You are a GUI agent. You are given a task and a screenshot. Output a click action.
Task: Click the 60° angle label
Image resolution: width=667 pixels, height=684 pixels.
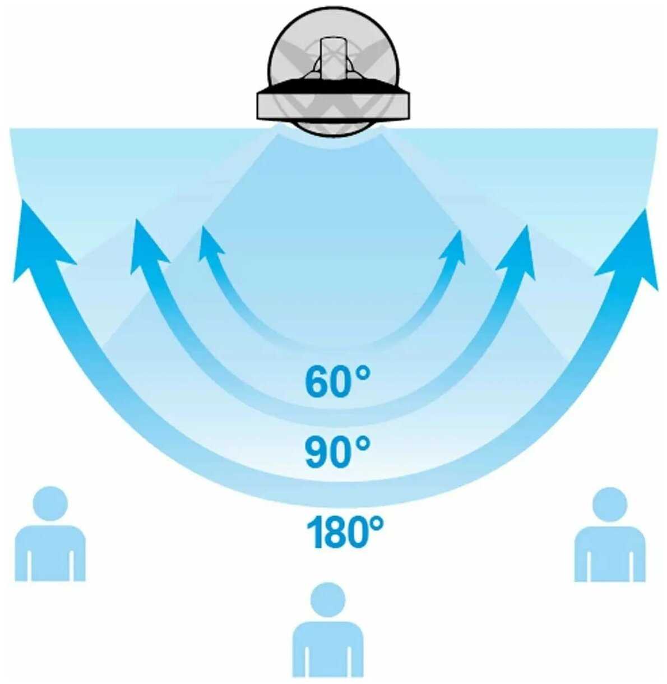click(x=337, y=381)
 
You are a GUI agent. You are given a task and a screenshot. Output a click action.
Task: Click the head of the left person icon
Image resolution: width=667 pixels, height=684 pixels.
click(x=50, y=503)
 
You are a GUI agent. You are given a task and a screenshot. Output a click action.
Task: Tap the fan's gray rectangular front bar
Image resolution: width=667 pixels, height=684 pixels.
click(x=333, y=104)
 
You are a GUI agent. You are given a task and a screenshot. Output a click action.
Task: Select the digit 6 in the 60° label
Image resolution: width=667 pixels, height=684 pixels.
click(x=316, y=382)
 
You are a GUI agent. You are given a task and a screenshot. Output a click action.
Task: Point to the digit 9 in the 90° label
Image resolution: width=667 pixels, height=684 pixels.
click(x=316, y=452)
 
